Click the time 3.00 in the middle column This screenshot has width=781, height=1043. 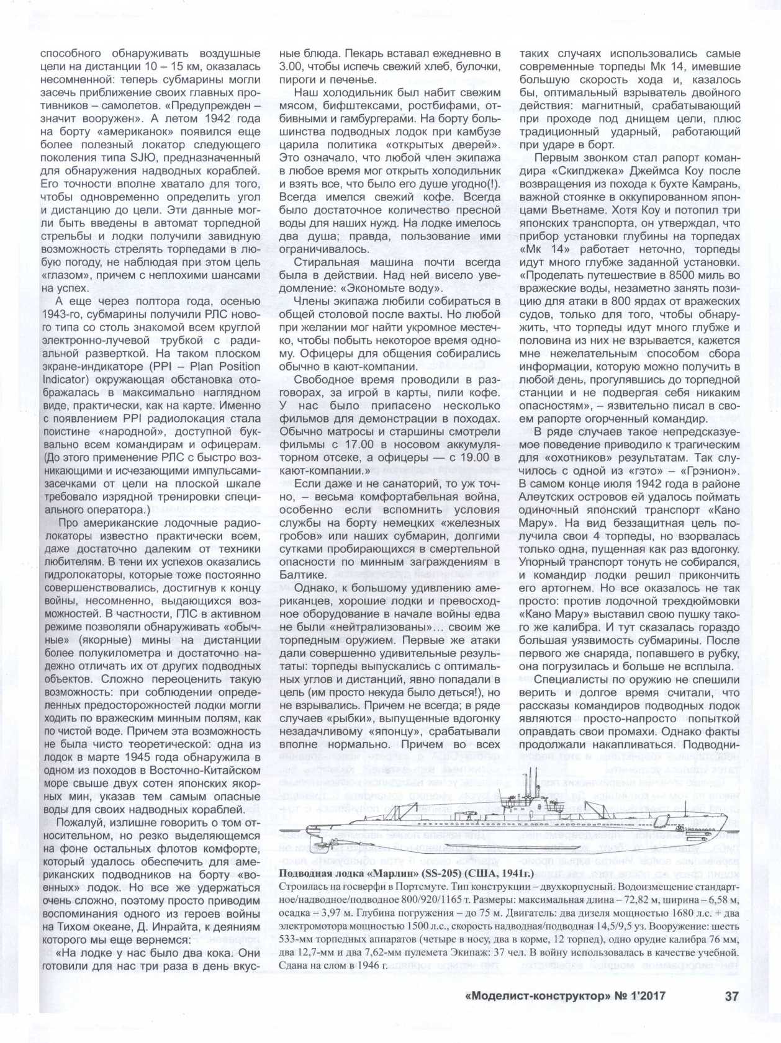pos(292,66)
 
